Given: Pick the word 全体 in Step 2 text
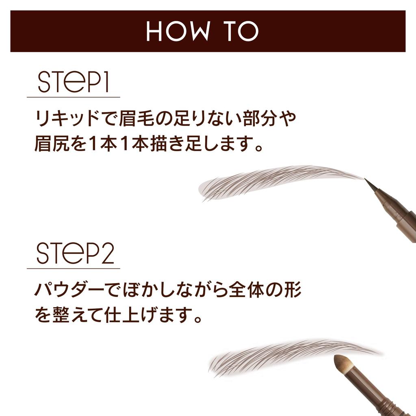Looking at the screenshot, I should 254,291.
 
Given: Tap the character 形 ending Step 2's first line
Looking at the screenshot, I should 292,291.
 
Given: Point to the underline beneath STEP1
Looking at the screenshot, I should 74,97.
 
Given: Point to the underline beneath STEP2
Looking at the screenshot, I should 74,269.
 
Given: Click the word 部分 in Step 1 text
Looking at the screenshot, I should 256,119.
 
